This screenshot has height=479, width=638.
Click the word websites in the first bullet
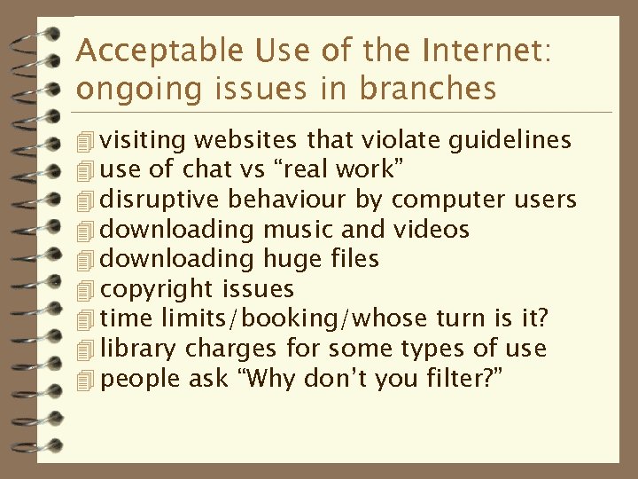(245, 140)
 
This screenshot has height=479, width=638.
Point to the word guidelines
(510, 140)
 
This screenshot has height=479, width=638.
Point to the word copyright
(157, 290)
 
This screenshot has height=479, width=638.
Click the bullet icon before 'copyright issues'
(85, 290)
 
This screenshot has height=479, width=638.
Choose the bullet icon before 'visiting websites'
(85, 141)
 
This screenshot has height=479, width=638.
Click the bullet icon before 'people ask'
(85, 380)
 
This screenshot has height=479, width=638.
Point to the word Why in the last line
(268, 380)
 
